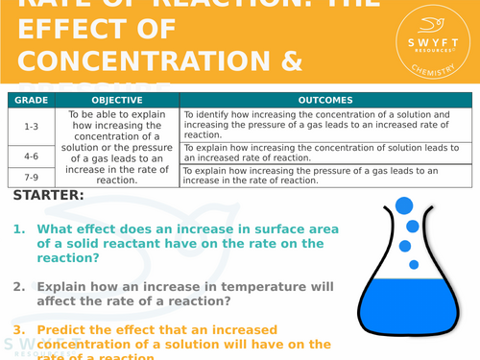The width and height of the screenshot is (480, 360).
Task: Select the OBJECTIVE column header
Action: (117, 100)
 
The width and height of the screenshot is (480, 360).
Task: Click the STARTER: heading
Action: (49, 196)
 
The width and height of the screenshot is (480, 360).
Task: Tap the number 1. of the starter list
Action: (19, 229)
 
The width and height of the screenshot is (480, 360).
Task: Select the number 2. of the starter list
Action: (19, 286)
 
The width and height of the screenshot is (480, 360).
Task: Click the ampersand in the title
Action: (287, 60)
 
